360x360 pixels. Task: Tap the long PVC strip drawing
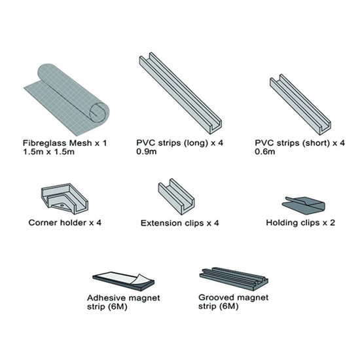[181, 93]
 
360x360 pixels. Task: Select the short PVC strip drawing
[300, 105]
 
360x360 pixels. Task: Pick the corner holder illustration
[65, 199]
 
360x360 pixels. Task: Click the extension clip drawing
[176, 196]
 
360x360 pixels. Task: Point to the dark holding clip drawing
[304, 206]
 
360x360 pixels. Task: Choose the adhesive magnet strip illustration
[124, 281]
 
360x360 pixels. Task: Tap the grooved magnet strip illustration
[234, 279]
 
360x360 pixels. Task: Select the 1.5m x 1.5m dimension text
[48, 152]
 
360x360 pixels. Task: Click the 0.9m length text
[147, 152]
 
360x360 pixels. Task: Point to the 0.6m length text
[265, 152]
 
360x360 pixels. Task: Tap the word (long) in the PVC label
[196, 143]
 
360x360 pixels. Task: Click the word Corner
[43, 223]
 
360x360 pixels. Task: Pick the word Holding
[281, 223]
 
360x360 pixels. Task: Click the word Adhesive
[105, 298]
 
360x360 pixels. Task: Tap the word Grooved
[215, 298]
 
